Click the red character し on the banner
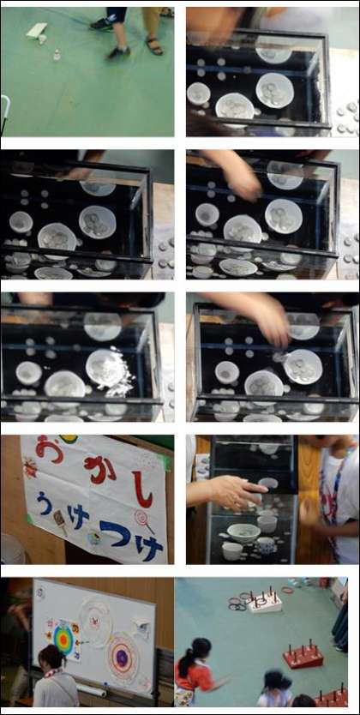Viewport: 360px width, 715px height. [x=142, y=489]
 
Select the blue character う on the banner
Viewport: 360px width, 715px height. [x=44, y=502]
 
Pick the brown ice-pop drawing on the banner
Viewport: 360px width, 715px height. [x=61, y=520]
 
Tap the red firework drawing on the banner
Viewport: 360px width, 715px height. [x=31, y=468]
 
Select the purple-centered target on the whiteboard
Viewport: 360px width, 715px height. [x=122, y=658]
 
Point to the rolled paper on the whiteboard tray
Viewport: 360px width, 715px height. [x=93, y=690]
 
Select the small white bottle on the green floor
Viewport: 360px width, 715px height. [x=57, y=55]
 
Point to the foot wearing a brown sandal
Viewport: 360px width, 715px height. [x=155, y=45]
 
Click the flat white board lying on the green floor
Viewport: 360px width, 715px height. [x=37, y=30]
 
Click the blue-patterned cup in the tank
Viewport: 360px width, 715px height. [x=265, y=545]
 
